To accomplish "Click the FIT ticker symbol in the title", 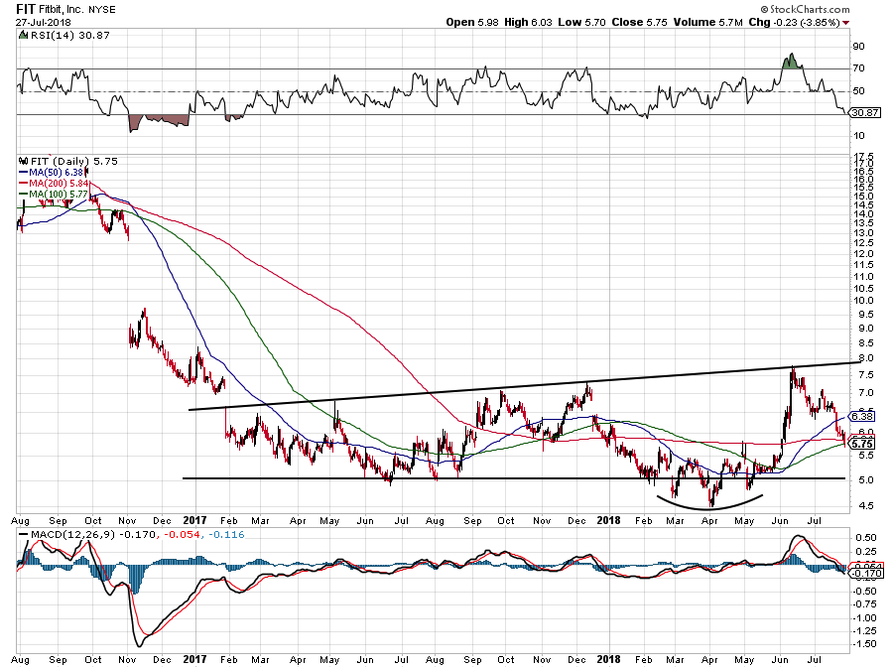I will pyautogui.click(x=27, y=8).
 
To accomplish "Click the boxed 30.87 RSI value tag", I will pyautogui.click(x=864, y=113).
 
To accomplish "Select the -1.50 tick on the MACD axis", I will pyautogui.click(x=863, y=644).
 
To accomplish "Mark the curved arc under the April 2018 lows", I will pyautogui.click(x=711, y=502).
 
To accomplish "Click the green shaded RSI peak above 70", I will pyautogui.click(x=791, y=62).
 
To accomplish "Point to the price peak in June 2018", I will pyautogui.click(x=793, y=369).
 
